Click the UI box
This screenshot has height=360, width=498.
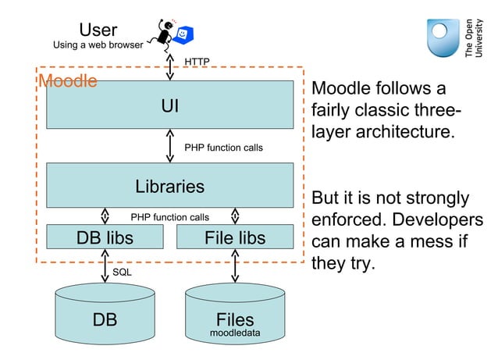(169, 104)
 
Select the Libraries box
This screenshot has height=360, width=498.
(169, 186)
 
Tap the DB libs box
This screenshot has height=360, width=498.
(105, 237)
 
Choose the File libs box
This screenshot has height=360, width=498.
(234, 237)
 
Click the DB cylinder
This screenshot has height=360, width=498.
(105, 320)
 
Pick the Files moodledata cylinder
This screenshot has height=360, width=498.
(235, 322)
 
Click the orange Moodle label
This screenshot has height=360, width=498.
(68, 81)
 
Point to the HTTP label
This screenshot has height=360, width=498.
(197, 61)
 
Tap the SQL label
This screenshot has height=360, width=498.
(122, 273)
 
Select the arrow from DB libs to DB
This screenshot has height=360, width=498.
(105, 267)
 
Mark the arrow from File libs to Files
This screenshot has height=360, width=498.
(235, 267)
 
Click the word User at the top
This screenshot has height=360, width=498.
(98, 30)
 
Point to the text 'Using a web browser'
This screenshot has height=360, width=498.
(98, 45)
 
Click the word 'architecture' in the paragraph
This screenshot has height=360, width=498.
(382, 131)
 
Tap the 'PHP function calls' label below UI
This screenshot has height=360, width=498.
(223, 147)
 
